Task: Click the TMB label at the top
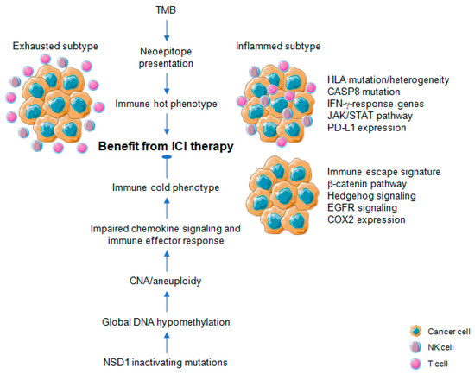(x=166, y=10)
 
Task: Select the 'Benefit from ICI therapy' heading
(x=166, y=146)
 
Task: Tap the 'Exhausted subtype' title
(x=55, y=46)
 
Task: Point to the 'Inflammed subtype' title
(x=278, y=46)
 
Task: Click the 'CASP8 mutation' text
(x=364, y=92)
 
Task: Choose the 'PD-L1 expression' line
(x=366, y=128)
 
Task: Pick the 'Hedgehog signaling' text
(x=371, y=196)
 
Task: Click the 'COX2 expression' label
(x=366, y=219)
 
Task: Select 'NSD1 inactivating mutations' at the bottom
(x=166, y=363)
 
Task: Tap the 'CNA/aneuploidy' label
(x=166, y=281)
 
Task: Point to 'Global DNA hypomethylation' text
(x=166, y=322)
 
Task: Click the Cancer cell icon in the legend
(x=415, y=332)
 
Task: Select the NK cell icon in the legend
(x=415, y=347)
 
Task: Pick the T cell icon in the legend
(x=415, y=364)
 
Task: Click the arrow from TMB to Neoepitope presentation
(x=167, y=30)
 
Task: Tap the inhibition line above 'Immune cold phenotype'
(x=167, y=167)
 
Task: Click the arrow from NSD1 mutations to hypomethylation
(x=167, y=343)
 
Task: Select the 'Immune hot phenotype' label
(x=166, y=104)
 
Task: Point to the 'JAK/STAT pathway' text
(x=370, y=116)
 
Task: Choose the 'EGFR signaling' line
(x=362, y=207)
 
